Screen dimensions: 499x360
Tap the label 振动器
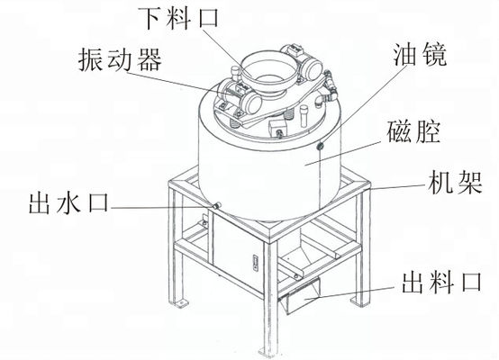(x=121, y=59)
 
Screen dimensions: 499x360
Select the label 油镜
(x=420, y=54)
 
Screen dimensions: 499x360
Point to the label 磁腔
(x=413, y=131)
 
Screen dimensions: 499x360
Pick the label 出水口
(x=69, y=202)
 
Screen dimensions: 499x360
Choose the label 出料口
(x=441, y=283)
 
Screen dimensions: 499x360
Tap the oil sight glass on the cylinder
(x=320, y=146)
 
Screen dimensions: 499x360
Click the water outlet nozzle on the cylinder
(x=217, y=206)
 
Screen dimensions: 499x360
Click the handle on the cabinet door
(x=255, y=263)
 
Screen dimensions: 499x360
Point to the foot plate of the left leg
(x=180, y=302)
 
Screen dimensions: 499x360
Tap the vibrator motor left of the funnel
(x=240, y=96)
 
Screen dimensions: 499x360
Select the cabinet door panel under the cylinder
(x=237, y=251)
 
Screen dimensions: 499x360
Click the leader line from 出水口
(x=162, y=207)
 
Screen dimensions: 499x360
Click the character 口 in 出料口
(x=472, y=283)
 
